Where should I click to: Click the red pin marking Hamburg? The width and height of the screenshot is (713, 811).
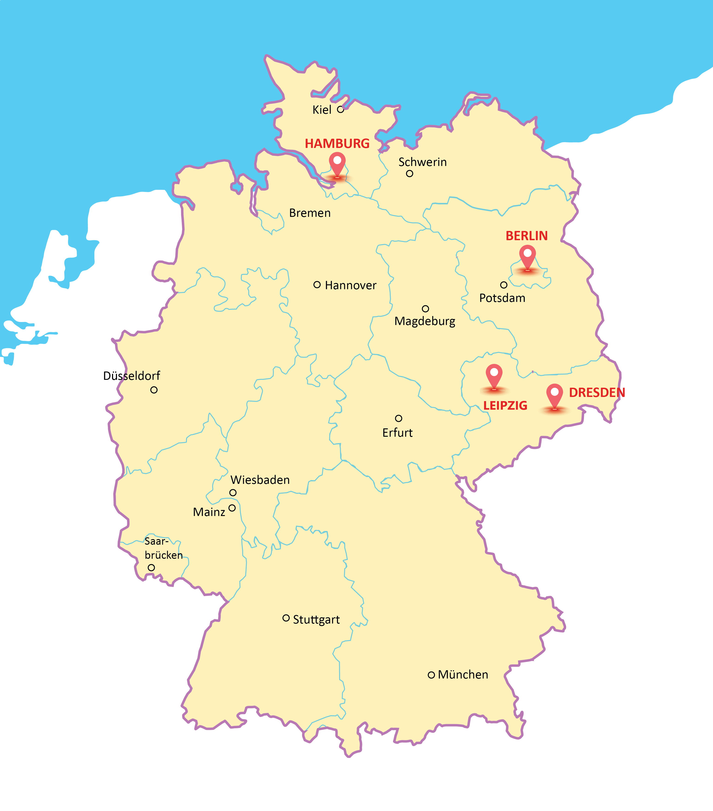337,164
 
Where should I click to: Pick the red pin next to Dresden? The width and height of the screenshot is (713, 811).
554,395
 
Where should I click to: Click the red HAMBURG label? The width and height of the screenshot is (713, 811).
337,144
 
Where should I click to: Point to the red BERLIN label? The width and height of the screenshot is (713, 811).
526,236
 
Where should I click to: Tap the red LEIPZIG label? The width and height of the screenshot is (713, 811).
505,405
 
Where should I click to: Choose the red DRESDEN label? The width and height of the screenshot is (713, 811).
597,392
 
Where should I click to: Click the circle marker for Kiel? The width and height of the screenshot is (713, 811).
340,109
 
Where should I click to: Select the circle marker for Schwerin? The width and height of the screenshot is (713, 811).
409,173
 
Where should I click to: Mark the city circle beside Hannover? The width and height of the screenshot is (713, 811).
317,285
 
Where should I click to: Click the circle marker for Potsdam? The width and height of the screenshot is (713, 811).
503,285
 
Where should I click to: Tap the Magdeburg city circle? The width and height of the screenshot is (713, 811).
425,309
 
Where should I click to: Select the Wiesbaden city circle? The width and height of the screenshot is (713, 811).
233,492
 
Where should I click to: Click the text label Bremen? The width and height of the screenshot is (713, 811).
310,213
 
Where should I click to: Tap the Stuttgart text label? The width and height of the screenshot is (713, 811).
316,620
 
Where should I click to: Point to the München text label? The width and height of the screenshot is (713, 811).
463,675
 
